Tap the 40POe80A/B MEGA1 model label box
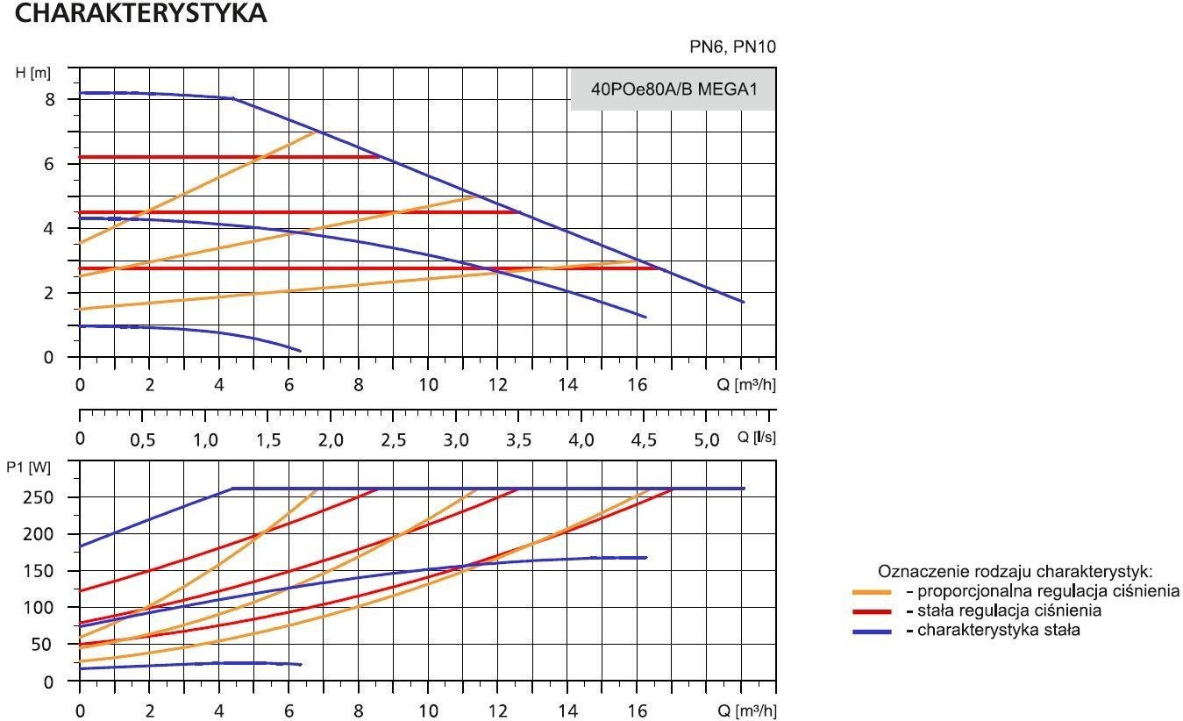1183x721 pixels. [x=673, y=89]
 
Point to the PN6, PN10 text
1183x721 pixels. [x=732, y=47]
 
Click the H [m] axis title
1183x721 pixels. [x=32, y=73]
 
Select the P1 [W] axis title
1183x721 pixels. [x=29, y=468]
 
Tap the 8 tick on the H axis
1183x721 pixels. [x=50, y=100]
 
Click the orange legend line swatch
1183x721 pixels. [x=872, y=592]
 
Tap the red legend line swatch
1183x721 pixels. [x=872, y=611]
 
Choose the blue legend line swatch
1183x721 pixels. [x=872, y=631]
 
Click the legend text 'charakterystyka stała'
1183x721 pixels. [x=999, y=630]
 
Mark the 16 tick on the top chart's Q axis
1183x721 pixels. [x=637, y=385]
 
